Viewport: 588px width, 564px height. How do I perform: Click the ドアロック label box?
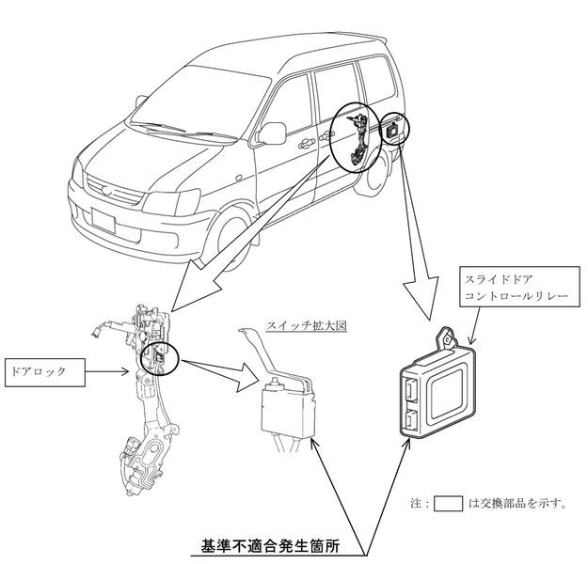[47, 371]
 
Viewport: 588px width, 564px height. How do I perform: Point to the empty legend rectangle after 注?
[450, 503]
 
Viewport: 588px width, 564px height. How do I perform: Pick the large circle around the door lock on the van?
[355, 140]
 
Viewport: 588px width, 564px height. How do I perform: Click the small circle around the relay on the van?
[393, 132]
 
